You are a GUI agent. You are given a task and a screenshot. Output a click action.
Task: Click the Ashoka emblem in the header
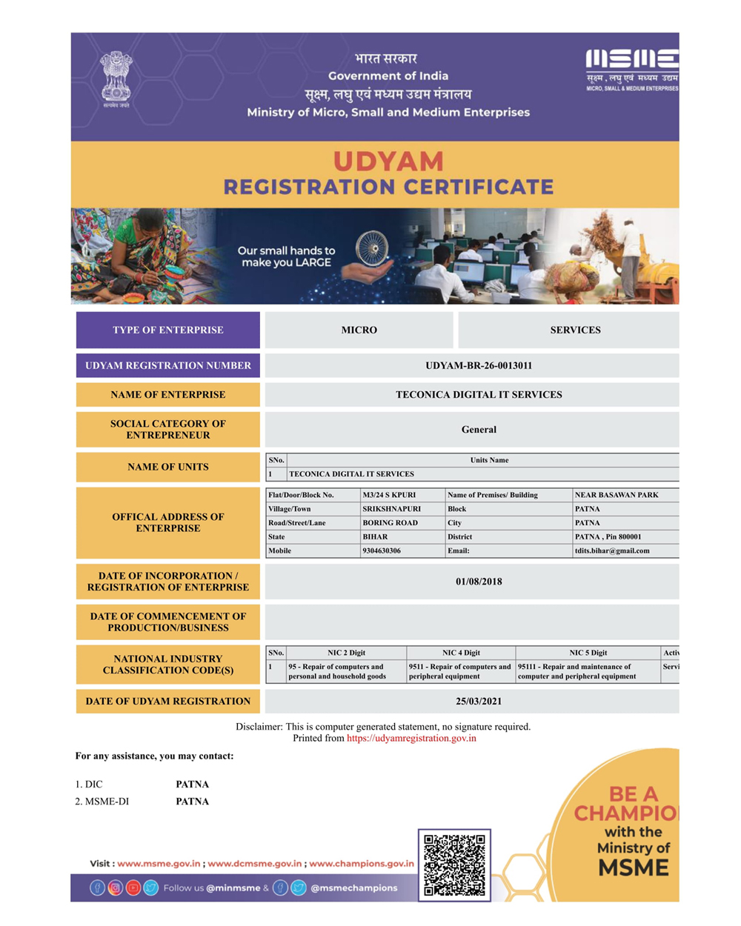coord(116,77)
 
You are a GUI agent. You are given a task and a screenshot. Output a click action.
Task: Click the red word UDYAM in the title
coord(388,161)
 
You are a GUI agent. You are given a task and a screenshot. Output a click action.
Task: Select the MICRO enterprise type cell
coord(359,330)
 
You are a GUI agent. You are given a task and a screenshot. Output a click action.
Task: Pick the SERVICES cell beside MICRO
coord(575,330)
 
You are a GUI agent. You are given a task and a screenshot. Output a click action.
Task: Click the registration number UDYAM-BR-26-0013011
coord(479,366)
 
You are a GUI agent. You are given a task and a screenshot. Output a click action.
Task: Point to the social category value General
coord(479,430)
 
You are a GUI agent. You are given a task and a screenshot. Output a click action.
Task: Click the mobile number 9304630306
coord(382,551)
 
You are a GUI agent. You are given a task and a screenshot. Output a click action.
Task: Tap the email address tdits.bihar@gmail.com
coord(612,551)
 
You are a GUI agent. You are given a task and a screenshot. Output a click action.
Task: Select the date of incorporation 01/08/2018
coord(479,582)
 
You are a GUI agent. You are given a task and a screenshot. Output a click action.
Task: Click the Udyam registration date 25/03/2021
coord(479,702)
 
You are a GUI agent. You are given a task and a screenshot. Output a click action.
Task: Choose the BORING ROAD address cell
coord(390,523)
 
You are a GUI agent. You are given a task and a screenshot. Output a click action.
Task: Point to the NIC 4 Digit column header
coord(461,653)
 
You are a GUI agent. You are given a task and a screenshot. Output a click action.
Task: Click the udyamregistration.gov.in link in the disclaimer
coord(411,739)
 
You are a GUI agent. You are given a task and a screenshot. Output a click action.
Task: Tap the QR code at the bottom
coord(454,865)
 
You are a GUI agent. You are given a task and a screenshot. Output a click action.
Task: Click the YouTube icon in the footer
coord(133,887)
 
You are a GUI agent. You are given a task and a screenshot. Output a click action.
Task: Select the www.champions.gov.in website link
coord(362,864)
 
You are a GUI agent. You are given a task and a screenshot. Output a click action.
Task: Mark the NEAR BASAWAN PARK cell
coord(617,495)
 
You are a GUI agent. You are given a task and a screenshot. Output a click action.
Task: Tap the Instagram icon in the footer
coord(116,887)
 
